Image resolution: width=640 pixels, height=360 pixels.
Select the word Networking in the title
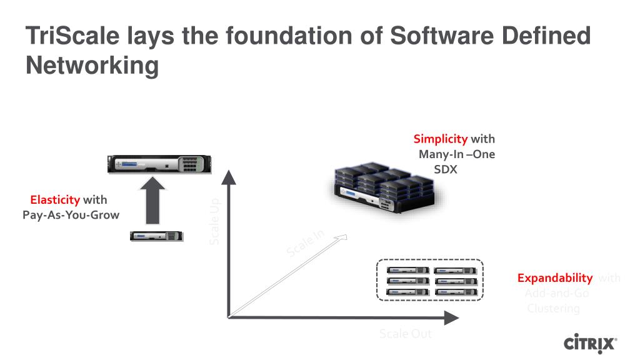pyautogui.click(x=92, y=65)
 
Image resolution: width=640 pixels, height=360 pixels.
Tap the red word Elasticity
pyautogui.click(x=55, y=200)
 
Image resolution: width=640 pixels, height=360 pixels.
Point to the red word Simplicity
pyautogui.click(x=441, y=139)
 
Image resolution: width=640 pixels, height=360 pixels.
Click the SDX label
pyautogui.click(x=446, y=169)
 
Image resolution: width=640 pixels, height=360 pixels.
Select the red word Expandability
pyautogui.click(x=555, y=278)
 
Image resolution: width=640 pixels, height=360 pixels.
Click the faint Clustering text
pyautogui.click(x=554, y=308)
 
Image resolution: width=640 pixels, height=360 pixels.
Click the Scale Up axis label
pyautogui.click(x=214, y=222)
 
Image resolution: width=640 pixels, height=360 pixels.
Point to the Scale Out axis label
pyautogui.click(x=405, y=334)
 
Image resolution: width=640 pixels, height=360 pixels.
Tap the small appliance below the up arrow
pyautogui.click(x=156, y=236)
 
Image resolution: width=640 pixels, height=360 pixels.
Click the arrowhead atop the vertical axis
pyautogui.click(x=229, y=177)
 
